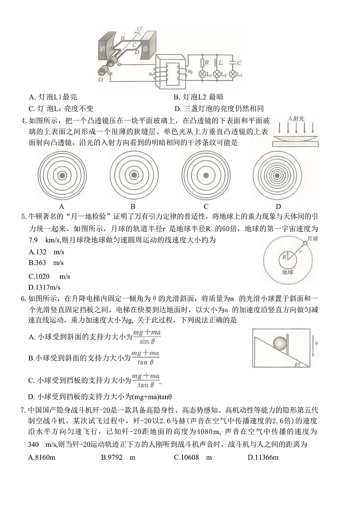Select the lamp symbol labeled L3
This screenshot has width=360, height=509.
[233, 74]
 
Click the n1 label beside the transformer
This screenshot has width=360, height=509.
[151, 75]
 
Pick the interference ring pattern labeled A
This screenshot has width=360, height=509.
[62, 176]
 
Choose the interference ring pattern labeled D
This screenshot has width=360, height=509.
[278, 176]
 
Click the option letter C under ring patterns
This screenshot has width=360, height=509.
[206, 207]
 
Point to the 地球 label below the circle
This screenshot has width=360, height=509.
[287, 272]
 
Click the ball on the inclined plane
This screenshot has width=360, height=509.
[280, 344]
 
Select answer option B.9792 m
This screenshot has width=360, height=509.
[118, 457]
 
